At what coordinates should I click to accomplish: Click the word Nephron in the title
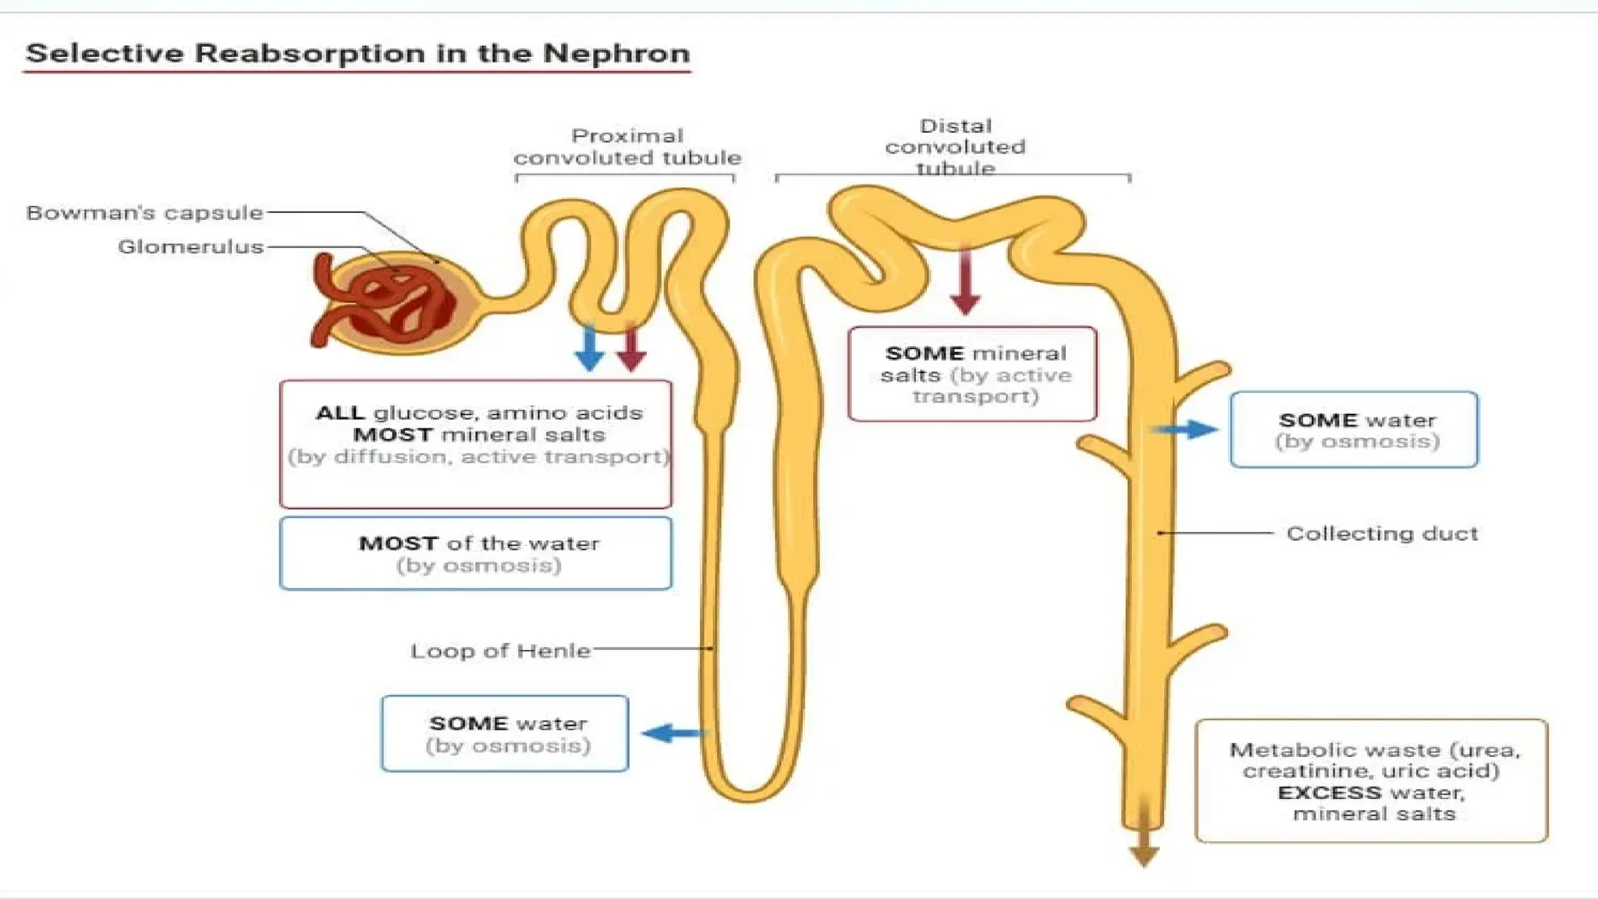click(616, 53)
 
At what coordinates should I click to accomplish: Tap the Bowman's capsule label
click(144, 212)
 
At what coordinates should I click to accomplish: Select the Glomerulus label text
click(190, 247)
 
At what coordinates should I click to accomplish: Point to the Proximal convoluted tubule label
click(627, 147)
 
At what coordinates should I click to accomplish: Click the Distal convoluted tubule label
click(955, 147)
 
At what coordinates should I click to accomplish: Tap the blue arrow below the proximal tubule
click(589, 348)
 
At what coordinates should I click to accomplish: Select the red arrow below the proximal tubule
click(631, 348)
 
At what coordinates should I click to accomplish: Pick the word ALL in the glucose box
click(339, 413)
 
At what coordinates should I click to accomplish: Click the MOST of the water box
click(475, 553)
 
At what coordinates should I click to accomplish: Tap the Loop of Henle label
click(500, 651)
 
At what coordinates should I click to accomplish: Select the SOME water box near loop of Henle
click(505, 734)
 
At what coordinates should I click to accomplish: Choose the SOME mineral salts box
click(972, 374)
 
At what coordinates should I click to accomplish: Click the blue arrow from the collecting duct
click(1185, 428)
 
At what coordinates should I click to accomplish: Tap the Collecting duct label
click(1382, 534)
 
